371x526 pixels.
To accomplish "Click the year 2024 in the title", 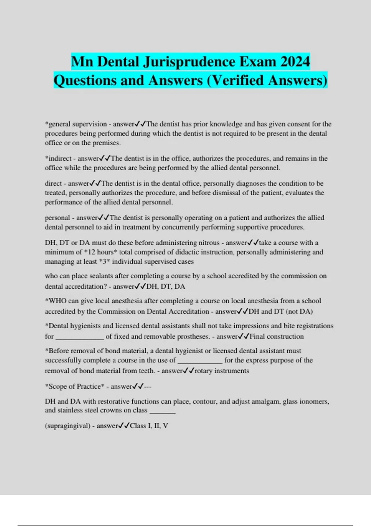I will [x=295, y=62].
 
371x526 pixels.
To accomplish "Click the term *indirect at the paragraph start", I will [x=58, y=158].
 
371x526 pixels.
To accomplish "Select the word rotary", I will [x=203, y=371].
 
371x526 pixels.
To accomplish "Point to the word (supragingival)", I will [x=67, y=426].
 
